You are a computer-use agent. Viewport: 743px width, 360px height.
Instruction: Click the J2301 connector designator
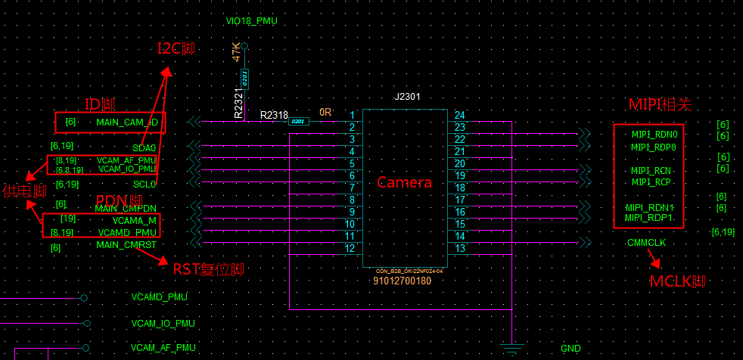407,97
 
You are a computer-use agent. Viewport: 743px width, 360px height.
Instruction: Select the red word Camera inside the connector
404,182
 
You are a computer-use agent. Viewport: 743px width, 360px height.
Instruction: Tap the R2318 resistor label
274,115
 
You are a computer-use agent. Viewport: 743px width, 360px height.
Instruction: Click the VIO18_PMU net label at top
251,21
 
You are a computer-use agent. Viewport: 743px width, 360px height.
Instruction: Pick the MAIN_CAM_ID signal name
126,122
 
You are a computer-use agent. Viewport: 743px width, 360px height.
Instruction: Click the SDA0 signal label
144,147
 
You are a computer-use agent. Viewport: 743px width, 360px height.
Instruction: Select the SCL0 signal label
144,184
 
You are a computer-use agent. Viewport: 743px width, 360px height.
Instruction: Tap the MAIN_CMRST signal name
126,245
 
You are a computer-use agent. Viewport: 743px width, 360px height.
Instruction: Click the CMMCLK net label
646,243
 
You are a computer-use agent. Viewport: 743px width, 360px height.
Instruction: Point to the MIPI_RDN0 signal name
654,135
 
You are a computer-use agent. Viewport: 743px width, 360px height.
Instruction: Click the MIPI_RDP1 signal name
649,218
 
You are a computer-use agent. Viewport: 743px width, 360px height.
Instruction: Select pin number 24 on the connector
459,116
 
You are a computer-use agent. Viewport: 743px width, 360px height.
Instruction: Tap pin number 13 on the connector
459,249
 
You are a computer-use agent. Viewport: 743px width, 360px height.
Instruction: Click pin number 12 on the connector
350,249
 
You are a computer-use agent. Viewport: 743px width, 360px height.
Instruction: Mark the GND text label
570,349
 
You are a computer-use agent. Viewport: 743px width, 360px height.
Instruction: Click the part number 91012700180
403,281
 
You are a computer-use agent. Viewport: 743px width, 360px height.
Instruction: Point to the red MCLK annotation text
677,282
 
